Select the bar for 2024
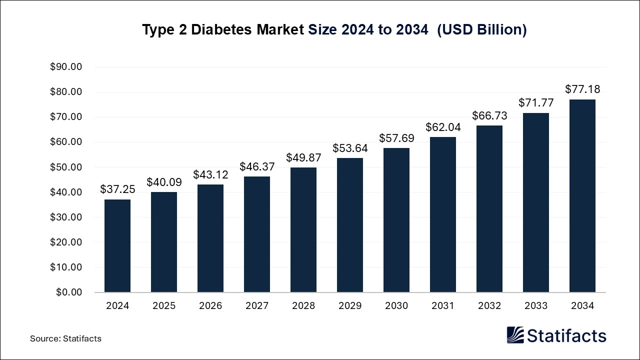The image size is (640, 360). coord(117,245)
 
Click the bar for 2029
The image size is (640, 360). coord(350,225)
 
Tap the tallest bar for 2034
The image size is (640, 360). coord(582,195)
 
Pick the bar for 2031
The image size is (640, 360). coord(443,214)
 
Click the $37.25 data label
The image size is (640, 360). coord(117,189)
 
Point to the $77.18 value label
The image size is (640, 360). coord(582,89)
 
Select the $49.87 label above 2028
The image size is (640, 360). coord(303,157)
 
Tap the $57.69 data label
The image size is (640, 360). coord(396,138)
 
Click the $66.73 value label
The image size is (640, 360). coord(489,115)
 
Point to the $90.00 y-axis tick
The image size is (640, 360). coord(66,67)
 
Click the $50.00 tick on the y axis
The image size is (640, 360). coord(66,167)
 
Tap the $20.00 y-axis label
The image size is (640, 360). coord(66,242)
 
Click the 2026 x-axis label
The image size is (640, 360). coord(210,305)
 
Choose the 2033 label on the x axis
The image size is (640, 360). coord(536,305)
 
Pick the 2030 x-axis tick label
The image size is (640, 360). coord(396,305)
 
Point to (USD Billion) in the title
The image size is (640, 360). coord(482,29)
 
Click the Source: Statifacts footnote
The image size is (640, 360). coord(65,338)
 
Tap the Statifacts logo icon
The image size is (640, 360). coord(515,335)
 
